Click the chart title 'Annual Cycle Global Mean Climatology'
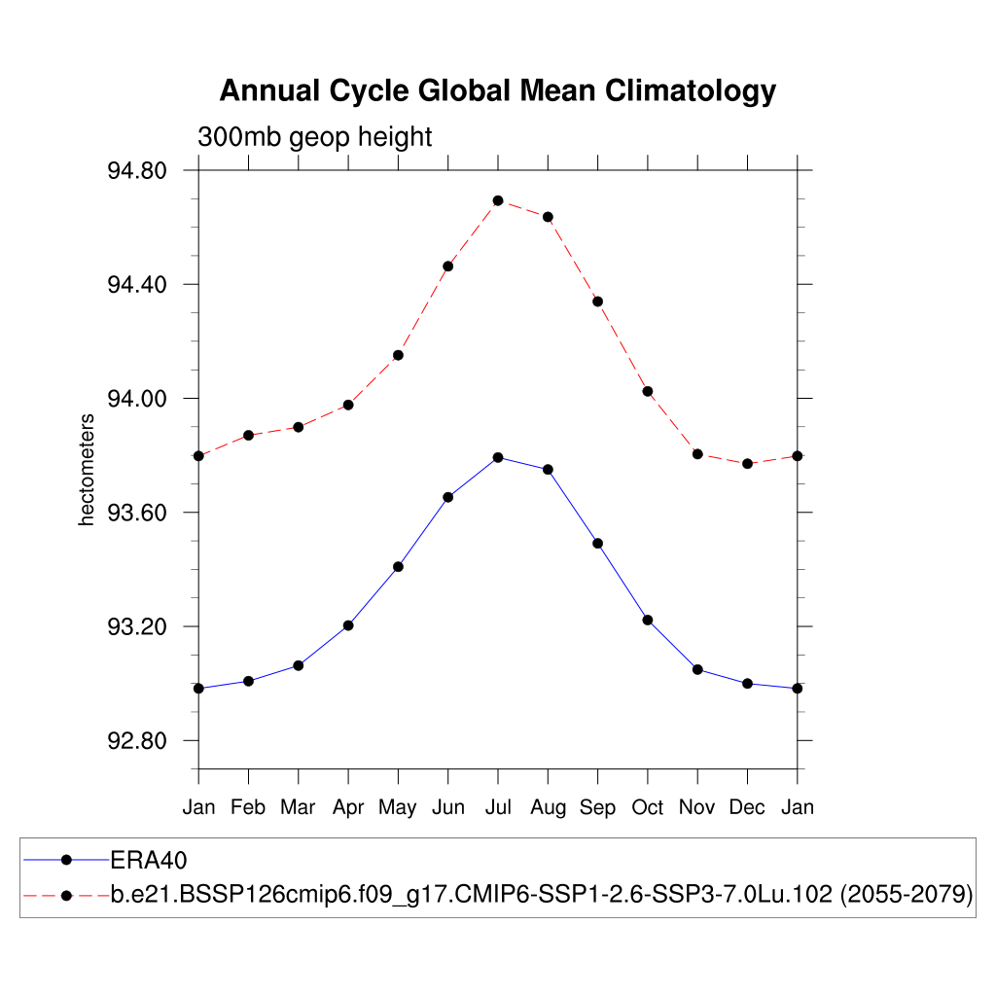coord(497,90)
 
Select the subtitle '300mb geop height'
coord(314,137)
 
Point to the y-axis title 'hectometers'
coord(87,470)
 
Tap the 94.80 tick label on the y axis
coord(137,171)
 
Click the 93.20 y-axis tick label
coord(137,627)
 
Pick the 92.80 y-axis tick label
coord(137,741)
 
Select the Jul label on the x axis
coord(498,807)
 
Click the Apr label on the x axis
coord(348,807)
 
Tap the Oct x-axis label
coord(648,807)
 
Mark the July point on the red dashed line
coord(498,200)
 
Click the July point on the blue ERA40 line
coord(498,457)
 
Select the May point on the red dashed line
coord(398,355)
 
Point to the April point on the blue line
coord(348,625)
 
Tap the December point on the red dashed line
coord(747,464)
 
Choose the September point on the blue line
coord(598,543)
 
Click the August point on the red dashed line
coord(548,217)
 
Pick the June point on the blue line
coord(448,497)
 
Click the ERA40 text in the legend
coord(148,860)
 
